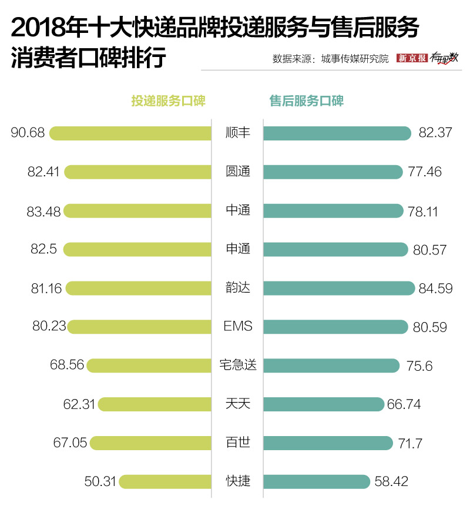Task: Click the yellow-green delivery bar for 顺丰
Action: tap(130, 133)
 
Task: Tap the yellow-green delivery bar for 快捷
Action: tap(165, 482)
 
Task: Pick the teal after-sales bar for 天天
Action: tap(324, 404)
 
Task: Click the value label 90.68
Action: tap(28, 133)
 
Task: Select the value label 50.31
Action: tap(101, 482)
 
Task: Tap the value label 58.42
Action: tap(391, 482)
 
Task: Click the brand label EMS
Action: tap(238, 326)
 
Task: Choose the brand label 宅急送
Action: tap(238, 365)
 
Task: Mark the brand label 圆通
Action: tap(238, 172)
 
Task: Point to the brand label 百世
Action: tap(238, 443)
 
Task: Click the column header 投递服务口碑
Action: tap(168, 101)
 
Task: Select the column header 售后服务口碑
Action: tap(306, 101)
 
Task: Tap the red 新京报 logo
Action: tap(412, 58)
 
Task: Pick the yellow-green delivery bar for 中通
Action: tap(137, 210)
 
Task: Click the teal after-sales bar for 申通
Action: tap(335, 249)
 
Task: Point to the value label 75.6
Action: tap(419, 366)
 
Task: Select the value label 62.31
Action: tap(79, 404)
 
